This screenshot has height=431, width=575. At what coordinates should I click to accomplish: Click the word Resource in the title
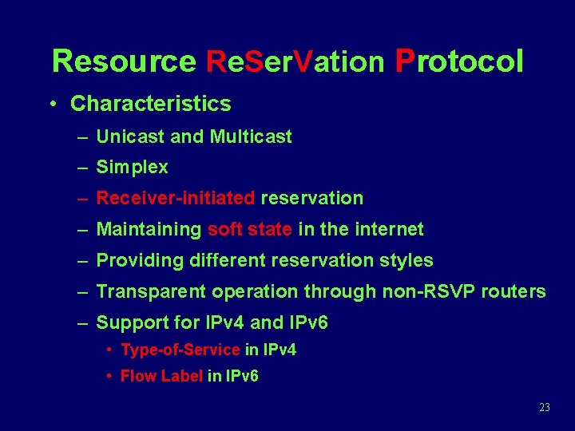point(124,61)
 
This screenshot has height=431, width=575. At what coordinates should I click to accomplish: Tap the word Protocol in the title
point(459,61)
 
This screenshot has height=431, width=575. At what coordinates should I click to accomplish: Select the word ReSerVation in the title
point(295,61)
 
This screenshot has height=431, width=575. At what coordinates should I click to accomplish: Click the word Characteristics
point(151,104)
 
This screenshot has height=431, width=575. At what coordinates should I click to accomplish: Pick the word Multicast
point(251,136)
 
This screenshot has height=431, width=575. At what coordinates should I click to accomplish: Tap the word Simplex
point(132,168)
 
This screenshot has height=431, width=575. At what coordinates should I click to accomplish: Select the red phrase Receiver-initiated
point(176,198)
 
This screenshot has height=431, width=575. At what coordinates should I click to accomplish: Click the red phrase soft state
point(249,230)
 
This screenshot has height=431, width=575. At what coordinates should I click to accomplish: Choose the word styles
point(406,260)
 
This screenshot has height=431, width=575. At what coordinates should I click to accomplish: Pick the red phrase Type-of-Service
point(180,350)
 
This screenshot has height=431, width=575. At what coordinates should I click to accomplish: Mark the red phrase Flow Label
point(161,376)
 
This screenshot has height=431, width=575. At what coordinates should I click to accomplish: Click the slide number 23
point(545,408)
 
